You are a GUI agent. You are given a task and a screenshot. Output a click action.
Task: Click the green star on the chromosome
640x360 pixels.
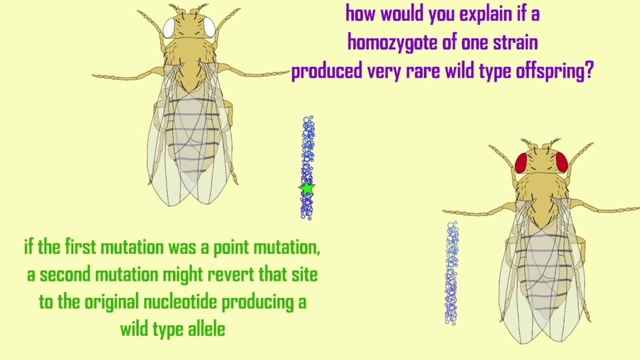[307, 188]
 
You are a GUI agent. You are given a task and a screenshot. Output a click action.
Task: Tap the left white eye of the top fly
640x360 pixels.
[169, 27]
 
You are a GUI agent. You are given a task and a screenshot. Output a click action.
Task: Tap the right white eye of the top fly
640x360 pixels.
[209, 27]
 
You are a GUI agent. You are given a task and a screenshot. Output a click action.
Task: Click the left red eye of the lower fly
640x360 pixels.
[521, 163]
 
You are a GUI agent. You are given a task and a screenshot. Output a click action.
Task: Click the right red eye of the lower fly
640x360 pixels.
[561, 163]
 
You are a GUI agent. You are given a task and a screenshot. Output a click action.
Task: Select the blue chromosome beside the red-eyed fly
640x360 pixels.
[451, 273]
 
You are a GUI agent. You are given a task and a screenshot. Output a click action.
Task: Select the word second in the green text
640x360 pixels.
[65, 274]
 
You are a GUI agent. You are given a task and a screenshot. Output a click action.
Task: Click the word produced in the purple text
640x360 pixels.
[326, 71]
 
